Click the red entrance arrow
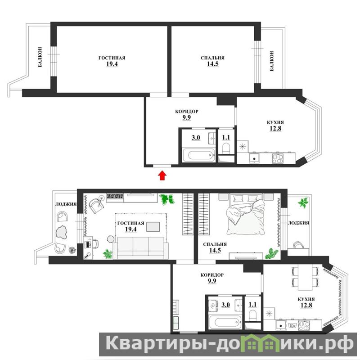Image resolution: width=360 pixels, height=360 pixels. [162, 175]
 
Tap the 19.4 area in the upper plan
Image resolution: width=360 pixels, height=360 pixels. [112, 64]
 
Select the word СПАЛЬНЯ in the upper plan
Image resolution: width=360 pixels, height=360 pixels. [212, 58]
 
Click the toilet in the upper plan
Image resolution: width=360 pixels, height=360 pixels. [226, 148]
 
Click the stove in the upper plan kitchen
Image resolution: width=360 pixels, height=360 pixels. [278, 158]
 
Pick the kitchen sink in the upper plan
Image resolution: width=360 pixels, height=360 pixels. [254, 158]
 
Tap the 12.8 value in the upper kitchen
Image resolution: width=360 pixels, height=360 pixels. [275, 129]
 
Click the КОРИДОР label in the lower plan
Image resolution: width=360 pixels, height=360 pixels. [212, 275]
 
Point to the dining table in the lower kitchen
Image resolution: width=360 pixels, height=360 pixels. [305, 277]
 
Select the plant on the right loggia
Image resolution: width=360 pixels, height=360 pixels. [303, 202]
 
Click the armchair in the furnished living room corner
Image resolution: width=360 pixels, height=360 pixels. [96, 205]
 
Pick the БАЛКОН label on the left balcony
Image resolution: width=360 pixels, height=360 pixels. [40, 57]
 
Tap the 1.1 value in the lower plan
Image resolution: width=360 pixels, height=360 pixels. [252, 305]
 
